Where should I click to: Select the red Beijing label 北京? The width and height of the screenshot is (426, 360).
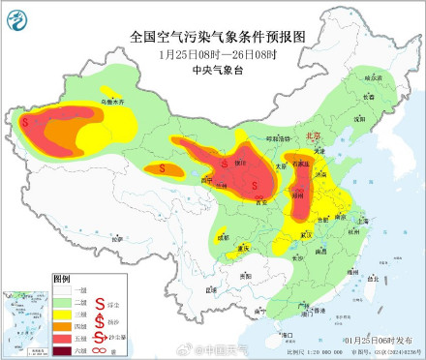(x=313, y=137)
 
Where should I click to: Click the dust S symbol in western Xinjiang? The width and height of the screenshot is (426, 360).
(x=29, y=124)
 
